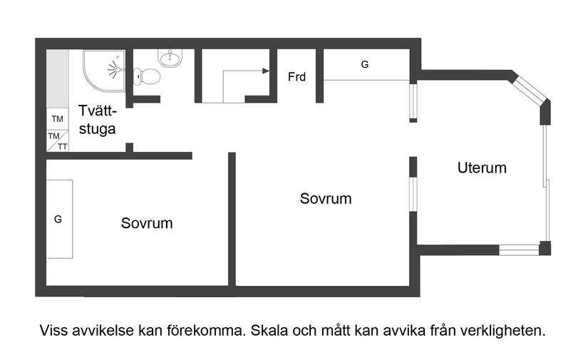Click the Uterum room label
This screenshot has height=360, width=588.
click(x=482, y=168)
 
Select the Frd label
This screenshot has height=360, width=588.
click(x=296, y=76)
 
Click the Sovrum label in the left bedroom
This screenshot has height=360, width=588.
click(x=147, y=223)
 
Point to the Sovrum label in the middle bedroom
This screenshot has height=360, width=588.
click(x=326, y=198)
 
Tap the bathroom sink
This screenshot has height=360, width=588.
click(x=170, y=58)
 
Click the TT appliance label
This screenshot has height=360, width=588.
click(x=63, y=147)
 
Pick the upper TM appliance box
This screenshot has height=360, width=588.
click(x=57, y=119)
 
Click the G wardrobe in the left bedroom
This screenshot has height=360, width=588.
click(x=58, y=220)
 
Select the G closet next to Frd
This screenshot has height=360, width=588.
click(x=365, y=65)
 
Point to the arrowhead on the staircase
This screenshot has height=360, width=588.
click(x=266, y=71)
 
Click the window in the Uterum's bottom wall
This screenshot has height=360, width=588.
click(x=518, y=250)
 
